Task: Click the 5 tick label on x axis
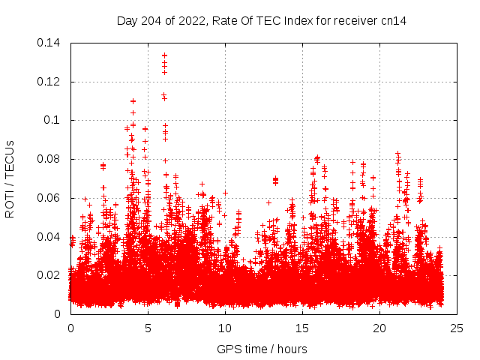click(x=148, y=328)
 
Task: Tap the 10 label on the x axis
click(x=225, y=328)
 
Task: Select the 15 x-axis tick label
click(x=302, y=328)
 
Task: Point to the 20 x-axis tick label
click(x=379, y=328)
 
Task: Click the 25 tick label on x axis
click(x=457, y=328)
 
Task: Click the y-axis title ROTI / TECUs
click(x=10, y=178)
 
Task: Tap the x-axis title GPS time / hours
click(x=262, y=349)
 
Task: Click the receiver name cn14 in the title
click(x=394, y=19)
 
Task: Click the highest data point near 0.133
click(x=164, y=55)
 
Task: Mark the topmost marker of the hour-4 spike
click(x=133, y=100)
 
